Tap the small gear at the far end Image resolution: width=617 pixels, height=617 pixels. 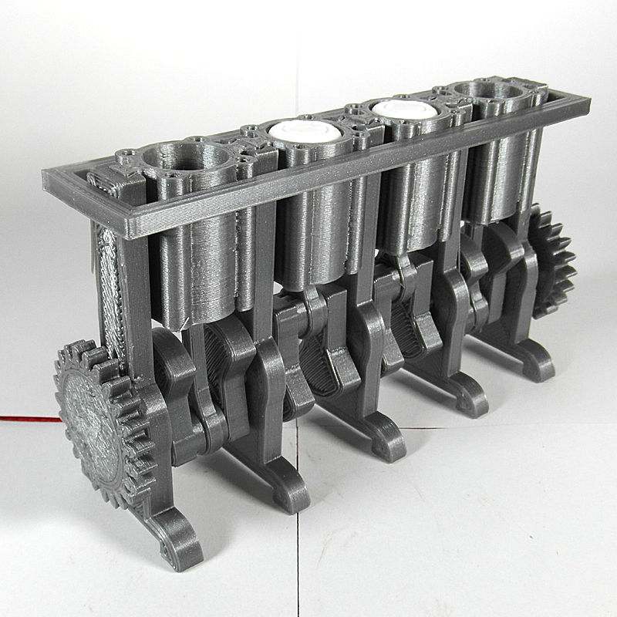(551, 261)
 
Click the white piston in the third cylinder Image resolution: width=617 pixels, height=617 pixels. (406, 110)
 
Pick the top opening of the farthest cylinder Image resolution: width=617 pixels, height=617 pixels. (489, 93)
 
